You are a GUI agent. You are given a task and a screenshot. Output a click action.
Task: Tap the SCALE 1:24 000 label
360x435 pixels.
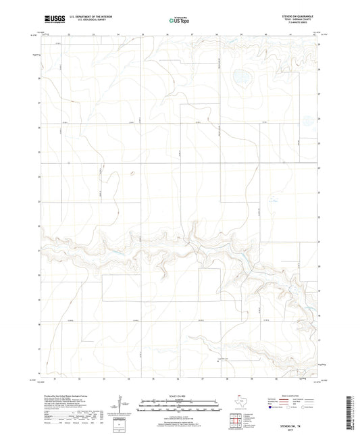pyautogui.click(x=179, y=395)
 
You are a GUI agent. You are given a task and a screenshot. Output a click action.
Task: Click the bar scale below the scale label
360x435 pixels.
pyautogui.click(x=179, y=403)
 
